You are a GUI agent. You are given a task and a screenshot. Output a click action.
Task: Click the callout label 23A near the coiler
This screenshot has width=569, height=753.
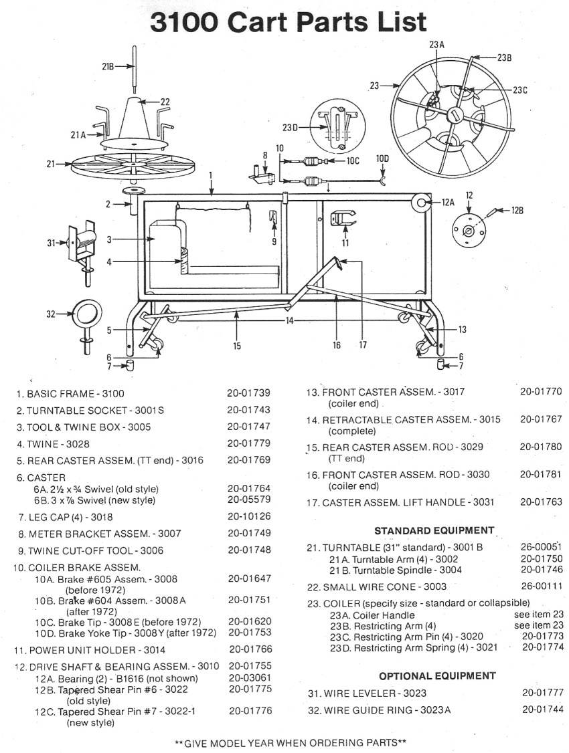pos(436,45)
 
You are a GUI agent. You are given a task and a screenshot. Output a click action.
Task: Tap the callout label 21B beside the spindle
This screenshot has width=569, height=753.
pos(108,67)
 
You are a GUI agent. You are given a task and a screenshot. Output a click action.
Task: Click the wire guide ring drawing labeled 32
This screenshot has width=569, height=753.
pos(88,313)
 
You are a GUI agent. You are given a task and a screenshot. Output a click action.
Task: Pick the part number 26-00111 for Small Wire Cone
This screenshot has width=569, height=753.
pos(542,586)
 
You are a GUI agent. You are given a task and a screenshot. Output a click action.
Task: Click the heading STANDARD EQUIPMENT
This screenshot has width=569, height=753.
pos(434,530)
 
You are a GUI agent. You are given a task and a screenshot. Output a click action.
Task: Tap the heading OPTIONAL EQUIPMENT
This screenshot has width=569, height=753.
pos(437,675)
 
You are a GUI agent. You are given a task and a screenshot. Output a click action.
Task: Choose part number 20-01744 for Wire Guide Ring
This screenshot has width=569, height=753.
pos(542,710)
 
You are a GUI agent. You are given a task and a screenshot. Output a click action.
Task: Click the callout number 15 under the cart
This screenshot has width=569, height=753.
pos(237,345)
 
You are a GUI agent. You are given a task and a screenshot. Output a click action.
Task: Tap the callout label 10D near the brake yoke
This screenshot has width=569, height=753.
pos(382,158)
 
